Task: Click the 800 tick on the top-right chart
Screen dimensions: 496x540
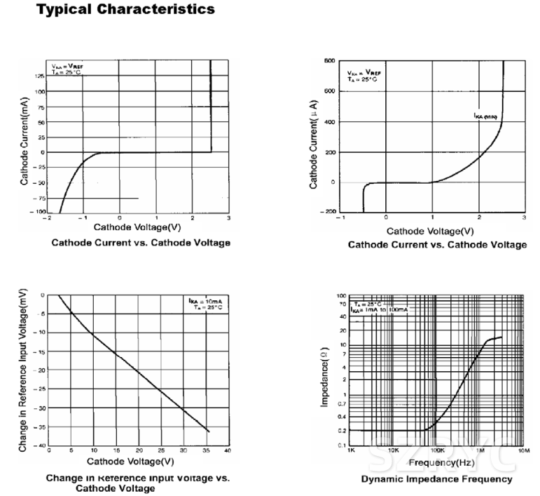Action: [329, 61]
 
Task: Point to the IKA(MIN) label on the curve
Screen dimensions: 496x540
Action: [484, 116]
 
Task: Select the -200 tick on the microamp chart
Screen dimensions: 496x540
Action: [328, 211]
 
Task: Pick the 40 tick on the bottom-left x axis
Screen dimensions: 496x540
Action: [228, 450]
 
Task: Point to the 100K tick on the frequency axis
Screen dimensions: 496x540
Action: [438, 451]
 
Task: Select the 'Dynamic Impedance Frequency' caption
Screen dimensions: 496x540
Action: [436, 479]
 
